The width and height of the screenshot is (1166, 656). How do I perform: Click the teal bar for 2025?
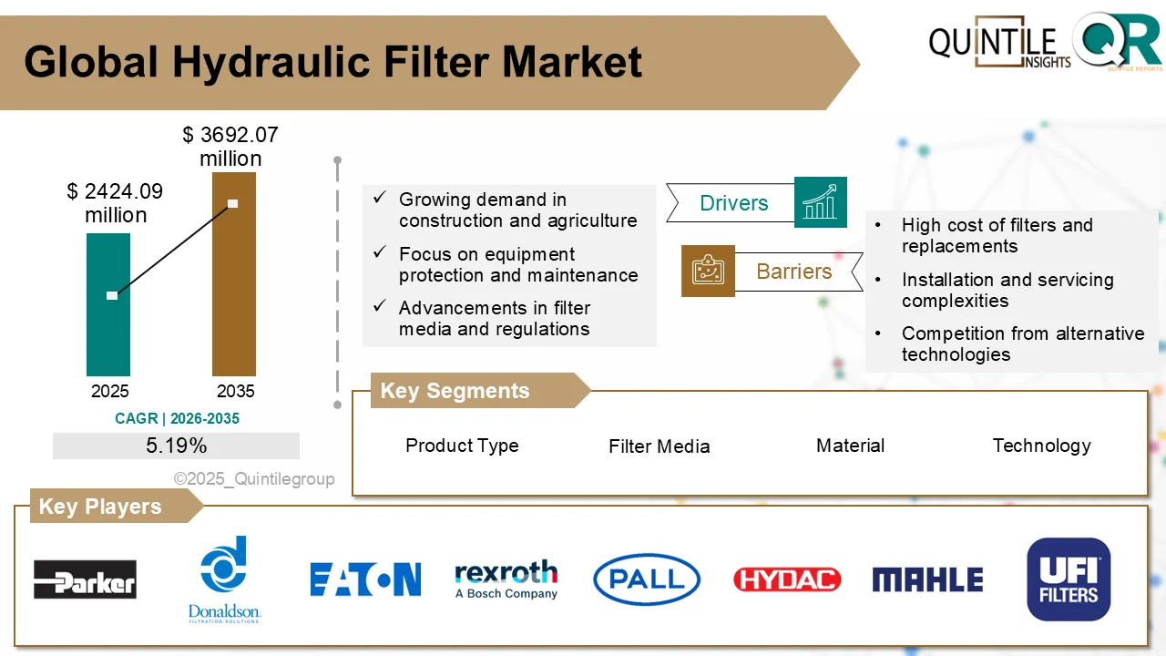coord(108,337)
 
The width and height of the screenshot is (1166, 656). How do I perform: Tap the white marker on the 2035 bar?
coord(232,203)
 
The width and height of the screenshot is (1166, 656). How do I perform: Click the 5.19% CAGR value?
coord(176,446)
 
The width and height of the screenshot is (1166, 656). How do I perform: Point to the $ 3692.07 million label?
coord(230,147)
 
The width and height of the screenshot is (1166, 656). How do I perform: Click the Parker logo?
coord(85,579)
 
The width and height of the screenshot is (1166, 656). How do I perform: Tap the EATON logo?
coord(365,579)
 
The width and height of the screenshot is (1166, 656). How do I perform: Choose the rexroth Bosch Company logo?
coord(506,579)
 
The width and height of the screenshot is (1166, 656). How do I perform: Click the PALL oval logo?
coord(646,579)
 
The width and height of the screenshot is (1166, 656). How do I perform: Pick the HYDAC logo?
coord(787,579)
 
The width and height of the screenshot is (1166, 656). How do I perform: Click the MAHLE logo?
coord(927,579)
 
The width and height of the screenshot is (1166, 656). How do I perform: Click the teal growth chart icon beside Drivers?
coord(820,202)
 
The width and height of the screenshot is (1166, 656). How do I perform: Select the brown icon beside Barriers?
coord(708,271)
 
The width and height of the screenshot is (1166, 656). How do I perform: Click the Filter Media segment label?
coord(659,446)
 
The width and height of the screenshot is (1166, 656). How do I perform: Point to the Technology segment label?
coord(1041,446)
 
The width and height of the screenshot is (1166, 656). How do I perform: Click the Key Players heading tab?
coord(100,507)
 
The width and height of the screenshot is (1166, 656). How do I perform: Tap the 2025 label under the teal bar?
coord(109,392)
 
